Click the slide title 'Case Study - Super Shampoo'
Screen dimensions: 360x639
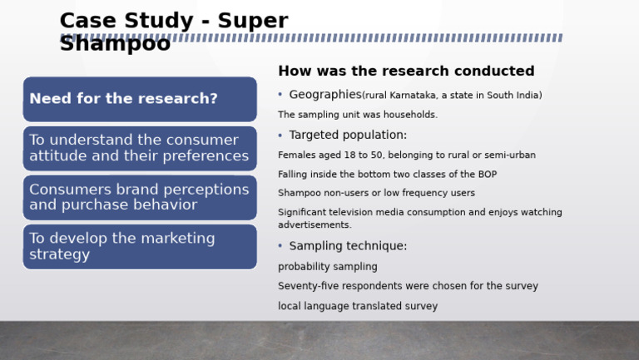click(173, 32)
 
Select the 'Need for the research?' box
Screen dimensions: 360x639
click(140, 99)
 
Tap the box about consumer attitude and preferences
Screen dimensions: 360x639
click(140, 148)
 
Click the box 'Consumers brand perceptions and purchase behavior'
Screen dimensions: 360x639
click(140, 197)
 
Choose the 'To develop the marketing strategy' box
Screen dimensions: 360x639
click(140, 246)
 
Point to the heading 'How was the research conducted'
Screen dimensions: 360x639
click(406, 72)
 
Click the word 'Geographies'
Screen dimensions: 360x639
click(324, 95)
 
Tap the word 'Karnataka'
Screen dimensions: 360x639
click(412, 96)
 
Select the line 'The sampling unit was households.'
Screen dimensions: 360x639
click(358, 115)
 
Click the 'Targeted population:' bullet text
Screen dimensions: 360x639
click(348, 135)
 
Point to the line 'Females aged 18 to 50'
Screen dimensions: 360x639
click(406, 155)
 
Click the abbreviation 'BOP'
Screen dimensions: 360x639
click(487, 175)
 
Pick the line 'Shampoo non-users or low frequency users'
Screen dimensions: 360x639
click(376, 193)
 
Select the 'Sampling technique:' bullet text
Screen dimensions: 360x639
click(348, 246)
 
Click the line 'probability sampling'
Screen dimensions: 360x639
click(327, 267)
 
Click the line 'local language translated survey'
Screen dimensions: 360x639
click(358, 306)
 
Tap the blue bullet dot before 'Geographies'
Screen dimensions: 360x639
click(280, 95)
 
